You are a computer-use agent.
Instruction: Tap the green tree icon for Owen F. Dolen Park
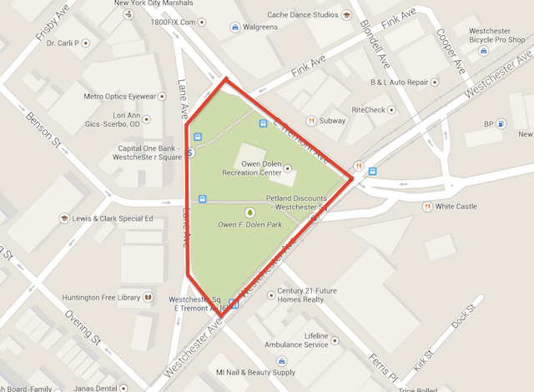point(249,213)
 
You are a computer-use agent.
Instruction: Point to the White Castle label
point(456,206)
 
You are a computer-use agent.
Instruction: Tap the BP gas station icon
point(500,125)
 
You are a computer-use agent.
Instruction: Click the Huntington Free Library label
point(101,296)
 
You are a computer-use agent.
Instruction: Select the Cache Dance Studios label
point(302,14)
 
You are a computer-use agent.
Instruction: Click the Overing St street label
point(83,329)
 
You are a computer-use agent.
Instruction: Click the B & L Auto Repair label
point(399,83)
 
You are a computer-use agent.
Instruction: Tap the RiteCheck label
point(368,109)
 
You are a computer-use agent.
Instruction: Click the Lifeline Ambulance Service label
point(305,339)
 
